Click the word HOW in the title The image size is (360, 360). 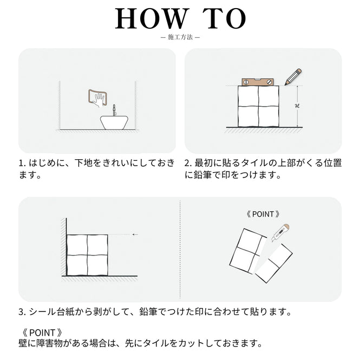click(x=150, y=18)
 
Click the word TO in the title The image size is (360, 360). click(x=224, y=18)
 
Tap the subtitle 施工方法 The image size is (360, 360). click(x=180, y=37)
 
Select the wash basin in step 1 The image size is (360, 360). click(x=114, y=122)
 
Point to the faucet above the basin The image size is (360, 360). click(x=114, y=110)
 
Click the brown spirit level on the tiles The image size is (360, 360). click(x=257, y=82)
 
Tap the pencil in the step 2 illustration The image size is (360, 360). click(x=293, y=77)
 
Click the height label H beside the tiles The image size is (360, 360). click(x=297, y=106)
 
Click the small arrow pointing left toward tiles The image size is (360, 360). click(x=135, y=234)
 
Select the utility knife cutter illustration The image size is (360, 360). click(x=280, y=233)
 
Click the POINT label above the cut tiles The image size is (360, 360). click(x=263, y=214)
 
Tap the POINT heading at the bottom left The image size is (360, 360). click(x=42, y=332)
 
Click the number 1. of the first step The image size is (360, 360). click(x=23, y=163)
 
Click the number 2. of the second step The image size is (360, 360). click(x=188, y=163)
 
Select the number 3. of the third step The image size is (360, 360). click(x=23, y=312)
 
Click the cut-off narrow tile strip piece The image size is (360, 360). click(x=274, y=263)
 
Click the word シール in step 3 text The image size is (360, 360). click(x=42, y=312)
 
